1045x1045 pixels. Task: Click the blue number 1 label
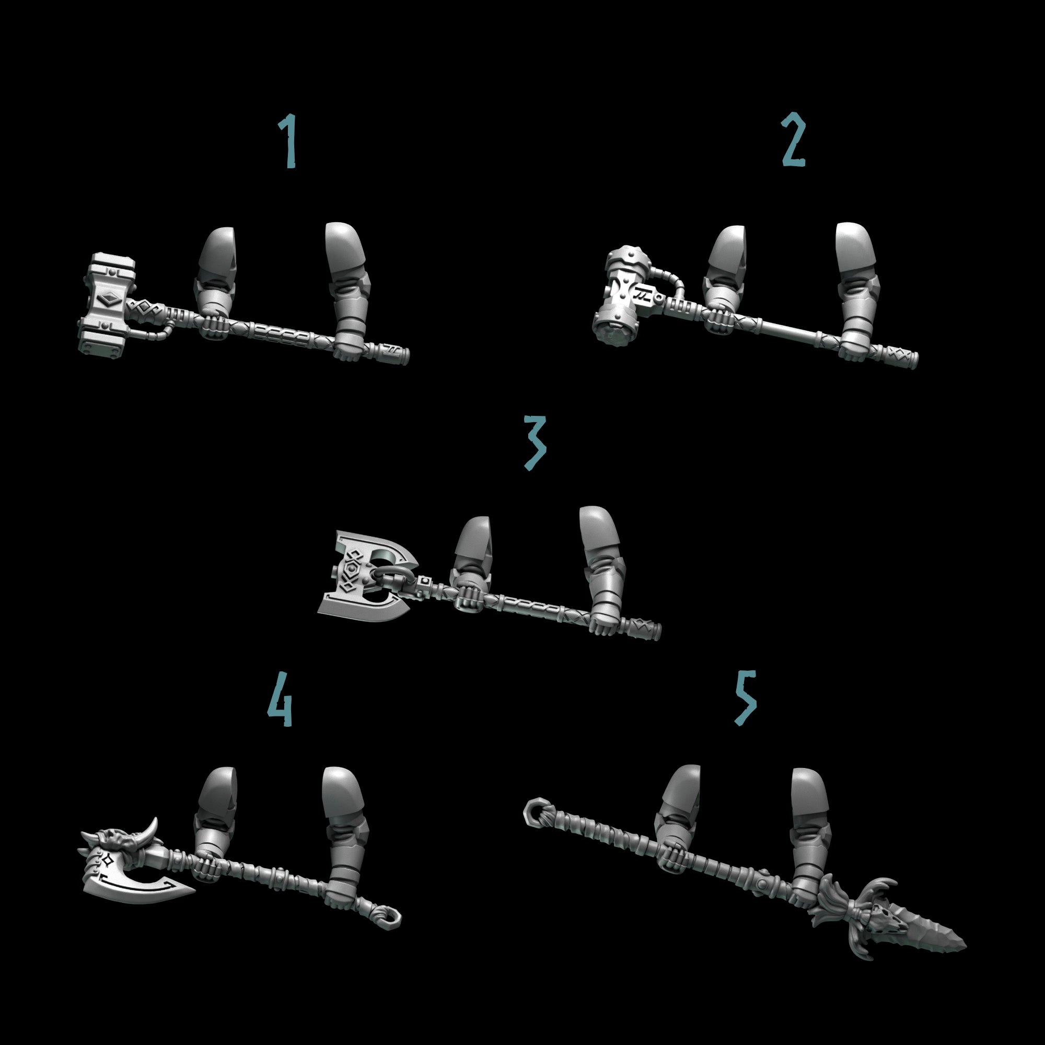pos(289,141)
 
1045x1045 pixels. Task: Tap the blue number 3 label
pos(535,442)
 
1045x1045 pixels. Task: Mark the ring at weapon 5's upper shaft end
pos(535,812)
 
